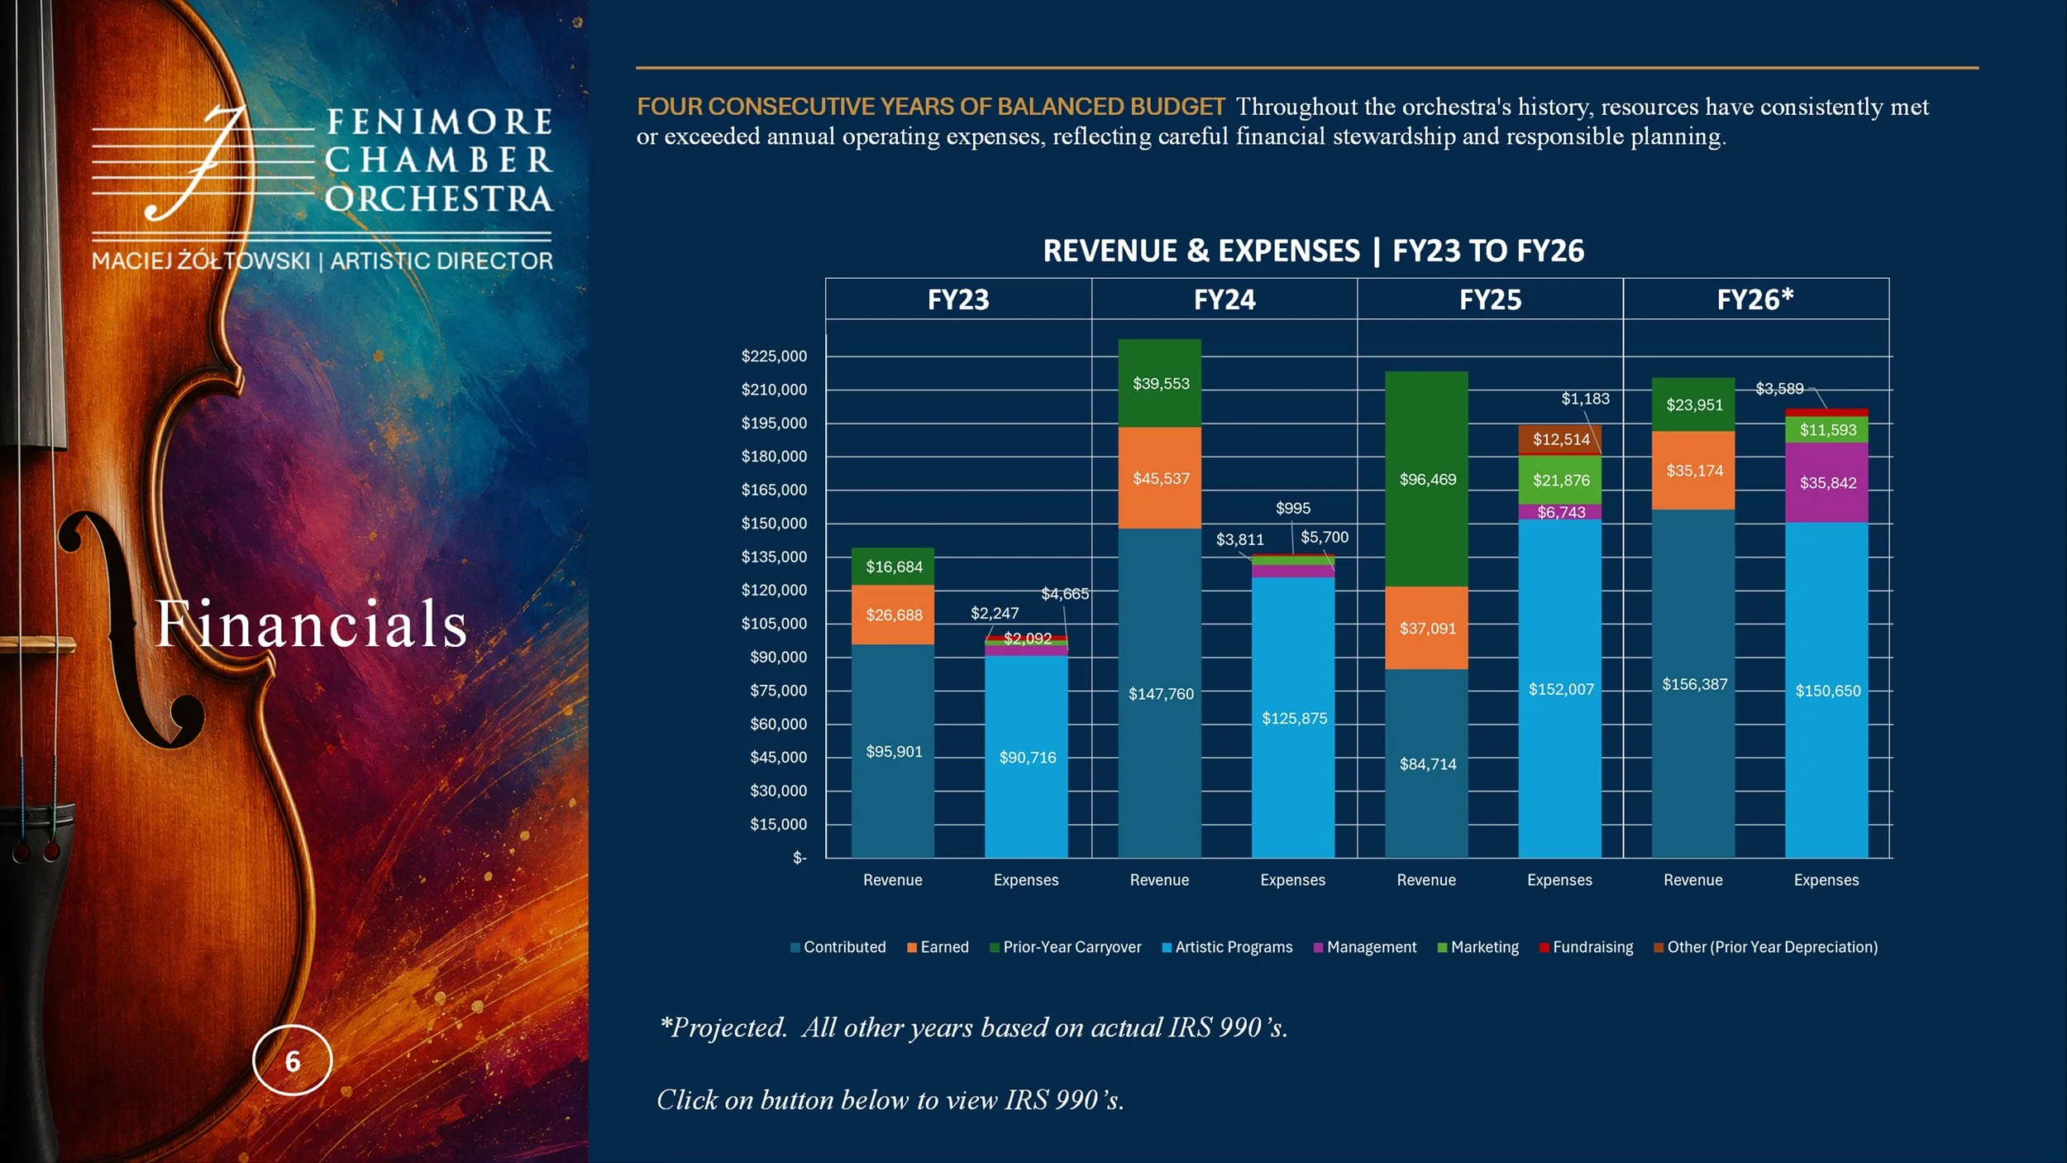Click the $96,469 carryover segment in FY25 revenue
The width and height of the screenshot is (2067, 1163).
click(x=1426, y=479)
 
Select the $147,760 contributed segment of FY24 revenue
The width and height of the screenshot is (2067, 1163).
click(x=1160, y=693)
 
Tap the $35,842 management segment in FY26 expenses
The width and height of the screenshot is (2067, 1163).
click(x=1826, y=482)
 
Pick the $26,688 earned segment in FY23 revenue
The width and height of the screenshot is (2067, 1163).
click(x=893, y=615)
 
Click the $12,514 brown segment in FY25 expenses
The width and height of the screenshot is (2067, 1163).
click(x=1560, y=439)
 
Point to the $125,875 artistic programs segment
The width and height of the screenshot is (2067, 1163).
click(x=1293, y=717)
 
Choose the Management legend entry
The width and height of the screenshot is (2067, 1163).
click(x=1364, y=947)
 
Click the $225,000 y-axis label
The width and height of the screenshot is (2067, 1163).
click(x=774, y=357)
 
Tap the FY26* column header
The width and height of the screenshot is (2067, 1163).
click(x=1755, y=299)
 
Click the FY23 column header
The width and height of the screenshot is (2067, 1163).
click(x=958, y=299)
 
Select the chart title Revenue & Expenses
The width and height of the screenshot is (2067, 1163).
click(x=1201, y=251)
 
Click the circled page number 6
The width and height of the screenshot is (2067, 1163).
click(x=292, y=1060)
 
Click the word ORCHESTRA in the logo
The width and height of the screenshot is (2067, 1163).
click(x=438, y=199)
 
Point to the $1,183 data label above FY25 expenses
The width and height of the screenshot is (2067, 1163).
click(x=1585, y=399)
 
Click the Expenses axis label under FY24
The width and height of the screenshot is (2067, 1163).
click(x=1292, y=880)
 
